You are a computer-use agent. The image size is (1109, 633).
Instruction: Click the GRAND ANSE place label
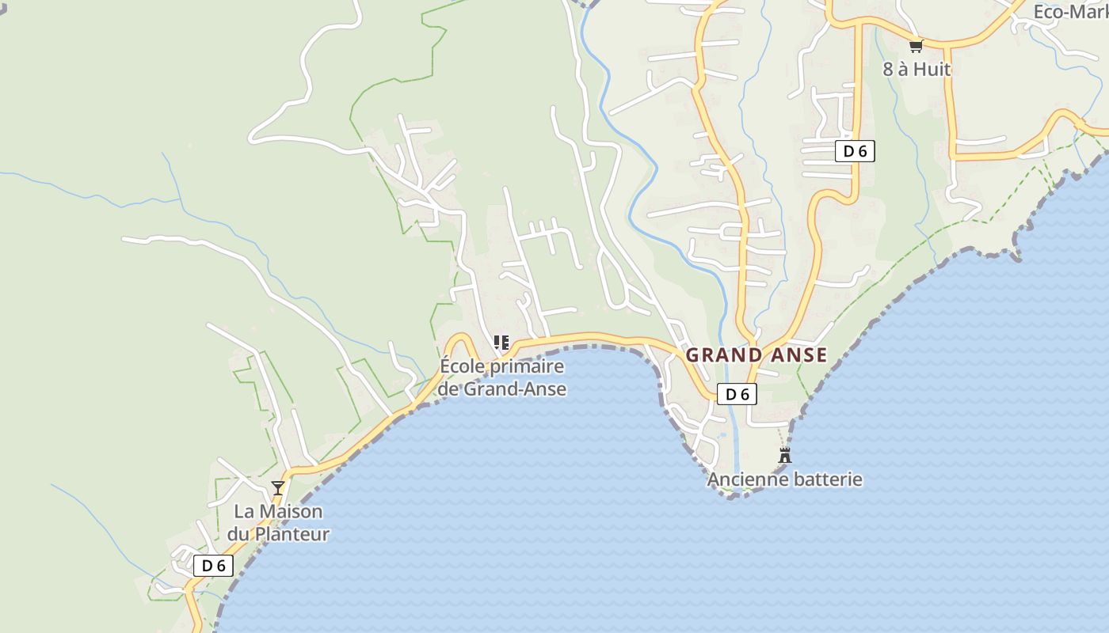pos(756,355)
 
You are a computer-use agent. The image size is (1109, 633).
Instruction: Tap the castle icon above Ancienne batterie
pos(785,455)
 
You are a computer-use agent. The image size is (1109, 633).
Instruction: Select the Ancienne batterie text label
pos(784,479)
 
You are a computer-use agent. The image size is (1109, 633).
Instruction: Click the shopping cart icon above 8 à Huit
pos(917,46)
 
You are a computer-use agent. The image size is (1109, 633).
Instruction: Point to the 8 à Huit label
pos(917,69)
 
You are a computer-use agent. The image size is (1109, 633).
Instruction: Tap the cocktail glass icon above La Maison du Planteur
pos(278,487)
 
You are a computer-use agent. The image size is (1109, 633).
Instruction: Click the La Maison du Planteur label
pos(278,522)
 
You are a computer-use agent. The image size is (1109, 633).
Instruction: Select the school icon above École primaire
pos(501,343)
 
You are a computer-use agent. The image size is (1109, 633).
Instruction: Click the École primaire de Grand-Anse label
pos(502,377)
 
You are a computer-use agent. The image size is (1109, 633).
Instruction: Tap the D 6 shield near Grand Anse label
pos(737,394)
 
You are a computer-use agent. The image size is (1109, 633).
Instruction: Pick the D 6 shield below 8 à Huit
pos(855,150)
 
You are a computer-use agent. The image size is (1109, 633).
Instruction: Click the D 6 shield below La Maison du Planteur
pos(214,565)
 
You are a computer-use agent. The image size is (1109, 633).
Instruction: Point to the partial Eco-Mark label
pos(1070,12)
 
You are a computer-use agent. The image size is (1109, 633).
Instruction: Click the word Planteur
pos(288,534)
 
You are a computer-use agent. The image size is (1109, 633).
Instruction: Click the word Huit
pos(933,69)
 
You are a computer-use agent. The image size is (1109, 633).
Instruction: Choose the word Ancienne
pos(743,479)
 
